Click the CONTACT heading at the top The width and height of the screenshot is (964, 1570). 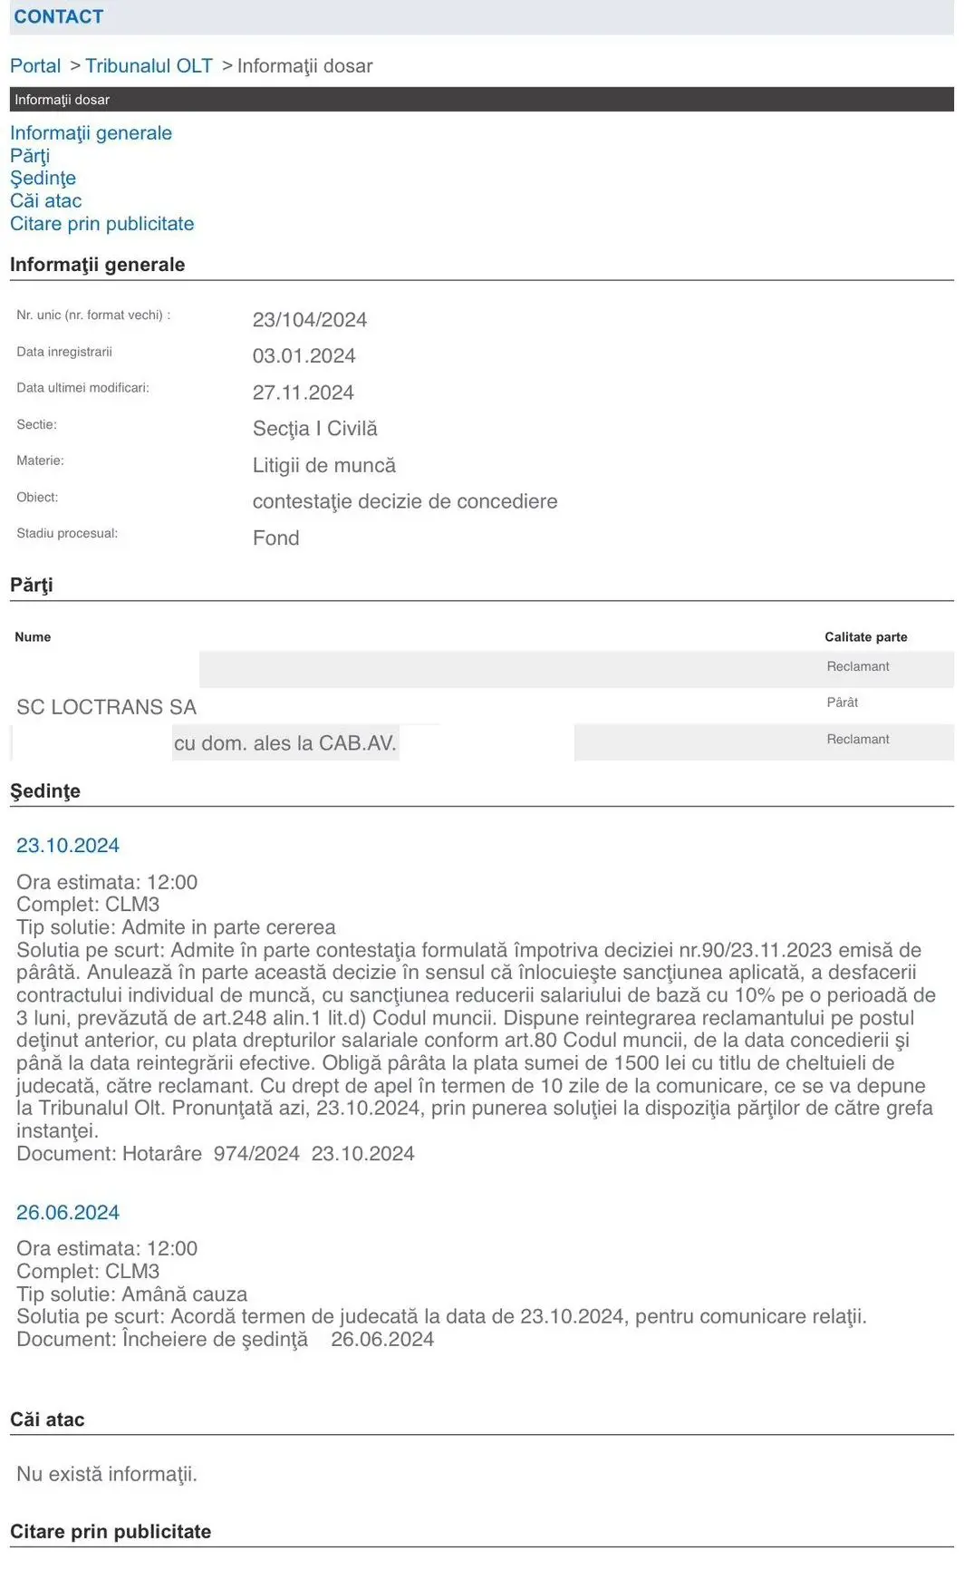click(59, 16)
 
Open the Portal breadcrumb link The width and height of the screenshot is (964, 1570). click(35, 66)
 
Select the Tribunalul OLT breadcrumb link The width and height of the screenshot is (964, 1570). click(149, 66)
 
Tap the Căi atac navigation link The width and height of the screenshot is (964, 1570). click(45, 201)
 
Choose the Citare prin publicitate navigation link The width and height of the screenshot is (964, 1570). click(101, 224)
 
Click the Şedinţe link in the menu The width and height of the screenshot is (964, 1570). click(43, 179)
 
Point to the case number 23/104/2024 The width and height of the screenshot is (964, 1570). click(309, 320)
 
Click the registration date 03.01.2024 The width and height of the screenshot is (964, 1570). click(304, 356)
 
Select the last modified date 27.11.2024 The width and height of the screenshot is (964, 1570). click(303, 392)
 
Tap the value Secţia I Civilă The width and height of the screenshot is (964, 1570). click(314, 429)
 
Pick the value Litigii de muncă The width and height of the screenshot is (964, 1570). click(323, 466)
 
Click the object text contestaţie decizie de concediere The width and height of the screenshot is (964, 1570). click(404, 501)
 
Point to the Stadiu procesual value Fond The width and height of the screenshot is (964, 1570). click(275, 538)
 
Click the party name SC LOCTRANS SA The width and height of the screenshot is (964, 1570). click(106, 707)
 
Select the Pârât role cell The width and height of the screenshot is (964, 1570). click(842, 703)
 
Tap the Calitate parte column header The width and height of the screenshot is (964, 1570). click(865, 637)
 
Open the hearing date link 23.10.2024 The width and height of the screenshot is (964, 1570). click(68, 846)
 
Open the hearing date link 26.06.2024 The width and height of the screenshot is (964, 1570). click(68, 1213)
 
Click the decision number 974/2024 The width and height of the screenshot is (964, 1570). click(256, 1154)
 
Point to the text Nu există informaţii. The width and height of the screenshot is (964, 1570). click(106, 1475)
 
